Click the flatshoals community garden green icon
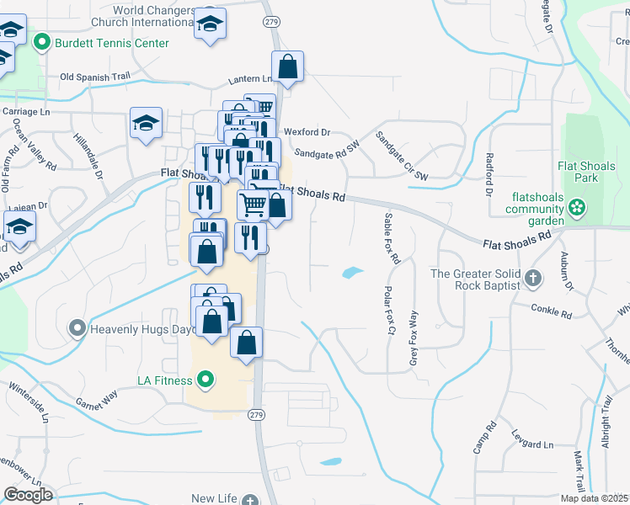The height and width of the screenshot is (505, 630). pos(577,206)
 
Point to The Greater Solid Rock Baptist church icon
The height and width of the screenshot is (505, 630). pos(532,278)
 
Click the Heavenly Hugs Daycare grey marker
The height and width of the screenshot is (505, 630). pos(77,327)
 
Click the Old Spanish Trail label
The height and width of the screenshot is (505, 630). pos(95,77)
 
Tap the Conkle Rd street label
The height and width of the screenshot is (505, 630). pos(551,311)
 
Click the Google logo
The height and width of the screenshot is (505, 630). pos(28,494)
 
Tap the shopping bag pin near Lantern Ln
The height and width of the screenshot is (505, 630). pos(288,66)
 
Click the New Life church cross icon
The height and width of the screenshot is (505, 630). pos(250,500)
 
